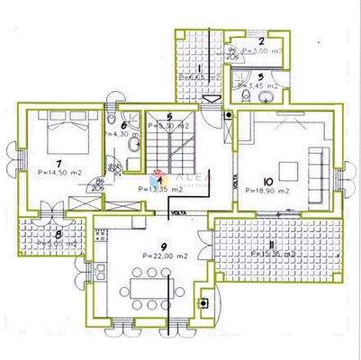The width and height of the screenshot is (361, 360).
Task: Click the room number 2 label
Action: point(260,40)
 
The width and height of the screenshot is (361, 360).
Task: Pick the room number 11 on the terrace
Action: point(273,244)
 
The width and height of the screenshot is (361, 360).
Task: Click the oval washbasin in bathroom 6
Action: point(133,144)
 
